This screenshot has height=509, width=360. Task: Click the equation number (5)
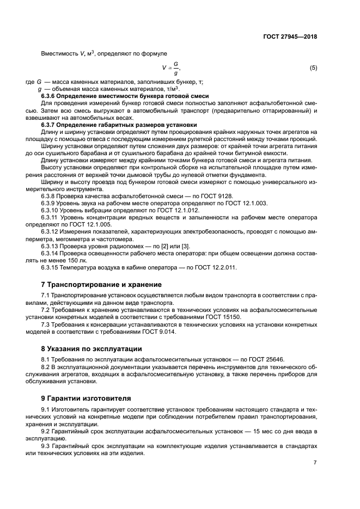point(313,68)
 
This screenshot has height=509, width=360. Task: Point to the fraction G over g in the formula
point(175,69)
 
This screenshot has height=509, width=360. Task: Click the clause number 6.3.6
point(51,96)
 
